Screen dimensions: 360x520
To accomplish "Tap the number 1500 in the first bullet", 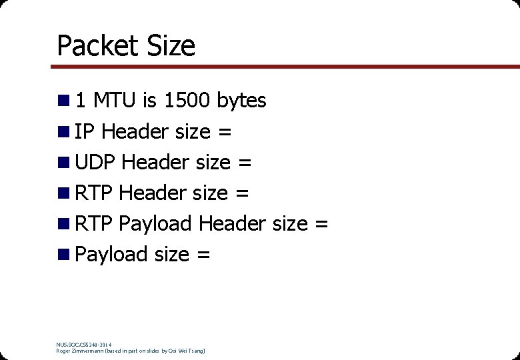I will point(187,101).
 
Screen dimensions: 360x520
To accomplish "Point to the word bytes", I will point(241,101).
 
